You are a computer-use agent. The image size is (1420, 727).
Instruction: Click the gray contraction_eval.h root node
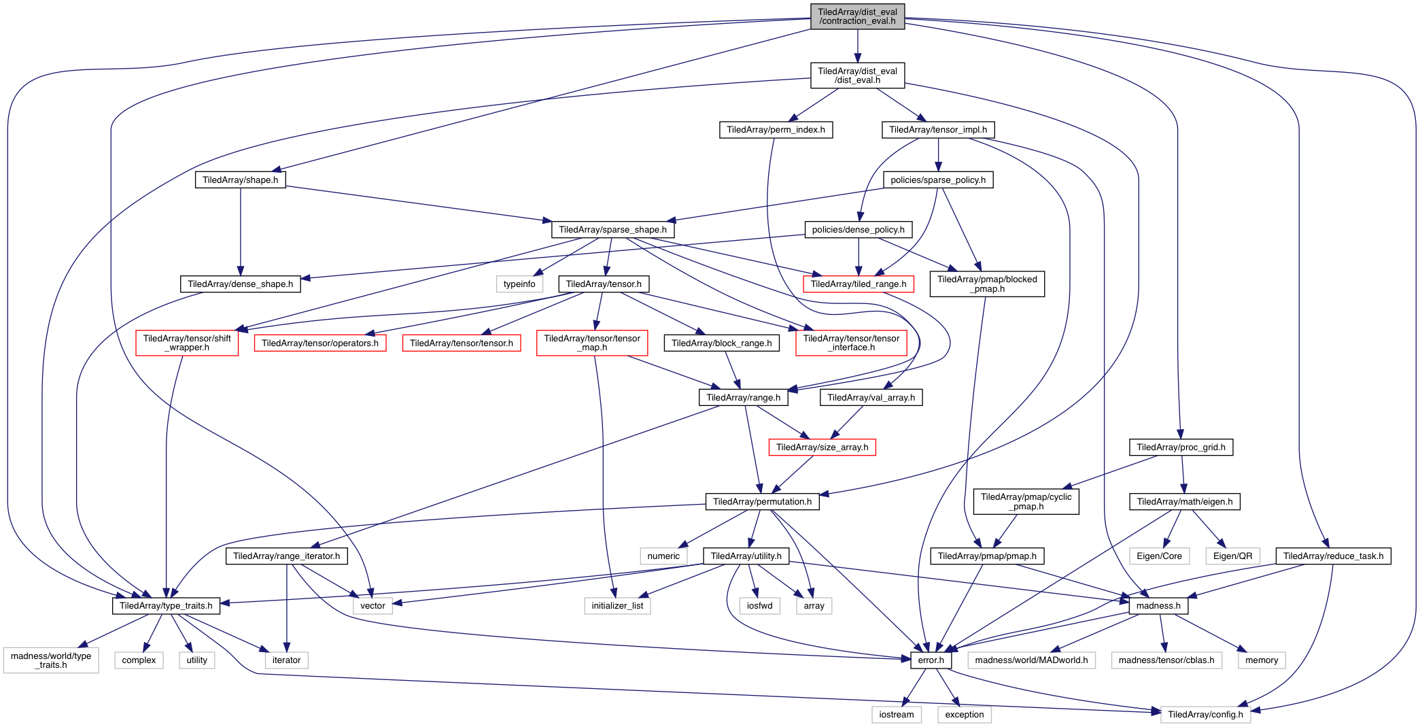click(857, 16)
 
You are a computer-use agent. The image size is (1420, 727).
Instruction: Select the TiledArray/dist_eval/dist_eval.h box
click(857, 75)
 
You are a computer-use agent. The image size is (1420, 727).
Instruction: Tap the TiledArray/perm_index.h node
click(776, 130)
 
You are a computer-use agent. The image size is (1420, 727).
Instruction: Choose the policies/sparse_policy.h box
click(938, 180)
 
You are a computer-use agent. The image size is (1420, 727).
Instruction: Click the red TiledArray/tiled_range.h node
click(858, 284)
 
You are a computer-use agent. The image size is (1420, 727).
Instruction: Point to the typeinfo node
click(519, 284)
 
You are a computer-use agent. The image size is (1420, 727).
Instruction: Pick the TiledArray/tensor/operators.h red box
click(319, 343)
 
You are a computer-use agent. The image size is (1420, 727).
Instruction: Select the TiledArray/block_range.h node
click(721, 343)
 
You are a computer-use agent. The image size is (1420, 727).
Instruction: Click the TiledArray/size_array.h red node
click(822, 447)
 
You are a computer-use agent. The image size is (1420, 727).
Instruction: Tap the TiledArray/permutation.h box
click(762, 502)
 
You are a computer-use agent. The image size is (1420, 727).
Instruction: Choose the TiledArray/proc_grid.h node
click(1181, 447)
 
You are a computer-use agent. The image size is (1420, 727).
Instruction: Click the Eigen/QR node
click(1232, 556)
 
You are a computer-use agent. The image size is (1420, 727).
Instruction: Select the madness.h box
click(1158, 606)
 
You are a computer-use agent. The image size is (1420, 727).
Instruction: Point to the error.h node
click(931, 660)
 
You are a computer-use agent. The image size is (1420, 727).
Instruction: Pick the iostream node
click(896, 715)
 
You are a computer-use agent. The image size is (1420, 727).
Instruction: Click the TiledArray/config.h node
click(1205, 715)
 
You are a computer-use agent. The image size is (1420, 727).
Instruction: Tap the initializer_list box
click(617, 606)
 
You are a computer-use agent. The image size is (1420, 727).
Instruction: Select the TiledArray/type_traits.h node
click(166, 606)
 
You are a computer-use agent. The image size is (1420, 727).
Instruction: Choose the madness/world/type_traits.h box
click(51, 660)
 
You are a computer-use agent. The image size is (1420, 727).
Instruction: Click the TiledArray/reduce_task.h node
click(1333, 556)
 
